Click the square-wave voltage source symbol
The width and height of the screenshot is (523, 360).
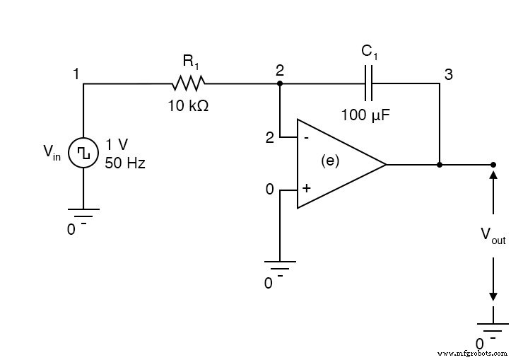click(83, 151)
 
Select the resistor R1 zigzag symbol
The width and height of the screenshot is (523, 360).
click(188, 83)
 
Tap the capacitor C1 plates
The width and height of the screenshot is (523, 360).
click(369, 83)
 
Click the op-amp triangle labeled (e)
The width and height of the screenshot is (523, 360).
click(336, 164)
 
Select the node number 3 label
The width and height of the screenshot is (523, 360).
click(448, 74)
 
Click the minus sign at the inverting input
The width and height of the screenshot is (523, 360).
click(305, 138)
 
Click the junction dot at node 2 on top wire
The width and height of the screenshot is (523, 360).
click(280, 83)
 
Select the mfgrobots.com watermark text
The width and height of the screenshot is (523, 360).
click(472, 352)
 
